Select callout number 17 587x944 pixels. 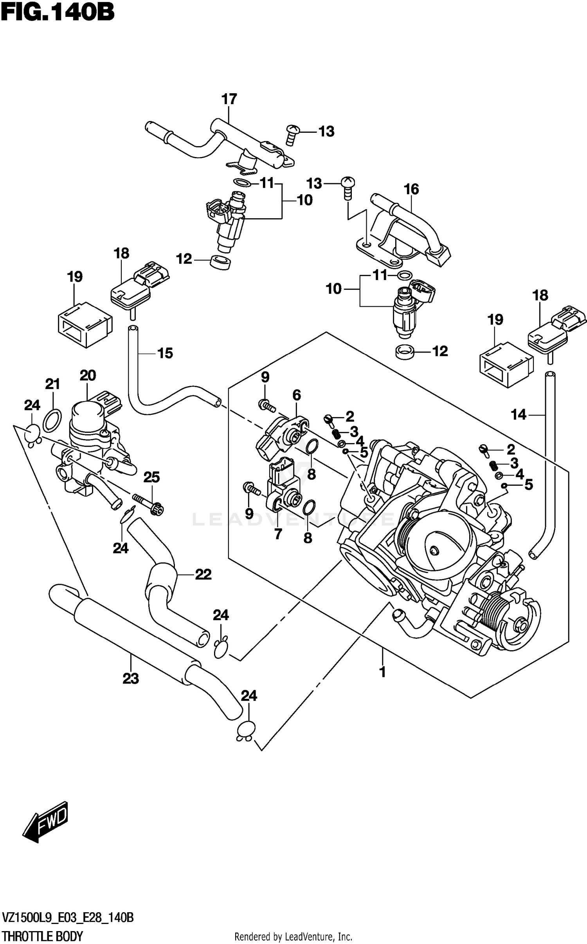(229, 99)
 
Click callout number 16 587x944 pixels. (411, 190)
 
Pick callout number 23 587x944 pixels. (131, 678)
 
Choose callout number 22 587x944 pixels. (203, 575)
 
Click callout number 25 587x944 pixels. (151, 477)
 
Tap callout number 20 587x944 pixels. (88, 376)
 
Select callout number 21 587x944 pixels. (52, 384)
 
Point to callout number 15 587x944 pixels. (165, 353)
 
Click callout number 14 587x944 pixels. (519, 414)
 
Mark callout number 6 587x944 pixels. (297, 395)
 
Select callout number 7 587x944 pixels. (278, 533)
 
